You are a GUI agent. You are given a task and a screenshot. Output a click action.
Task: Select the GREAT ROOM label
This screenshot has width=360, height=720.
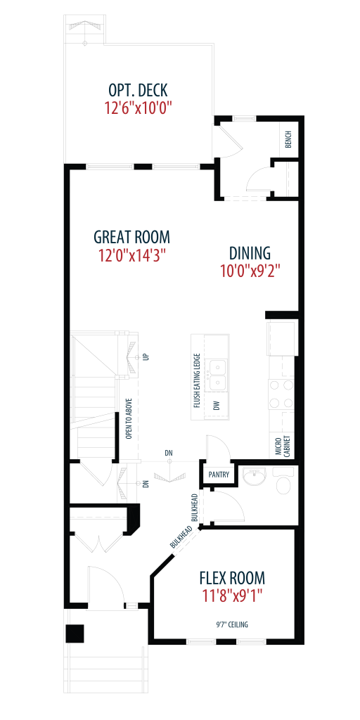pyautogui.click(x=131, y=238)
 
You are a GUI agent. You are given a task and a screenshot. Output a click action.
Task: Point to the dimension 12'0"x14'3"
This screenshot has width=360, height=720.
pyautogui.click(x=131, y=256)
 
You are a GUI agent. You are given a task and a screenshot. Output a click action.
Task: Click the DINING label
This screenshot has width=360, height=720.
pyautogui.click(x=250, y=253)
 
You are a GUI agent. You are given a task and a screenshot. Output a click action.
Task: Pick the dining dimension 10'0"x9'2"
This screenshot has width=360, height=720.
pyautogui.click(x=250, y=271)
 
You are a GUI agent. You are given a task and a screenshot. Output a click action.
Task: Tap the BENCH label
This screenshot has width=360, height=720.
pyautogui.click(x=288, y=140)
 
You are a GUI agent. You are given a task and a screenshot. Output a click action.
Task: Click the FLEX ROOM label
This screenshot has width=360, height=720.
pyautogui.click(x=232, y=577)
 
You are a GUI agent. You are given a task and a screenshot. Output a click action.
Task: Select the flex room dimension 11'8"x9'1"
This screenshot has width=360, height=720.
pyautogui.click(x=232, y=596)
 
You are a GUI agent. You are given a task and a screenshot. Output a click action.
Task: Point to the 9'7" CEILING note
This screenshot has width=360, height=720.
pyautogui.click(x=233, y=624)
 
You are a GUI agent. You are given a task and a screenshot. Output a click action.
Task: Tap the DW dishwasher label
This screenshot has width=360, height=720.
pyautogui.click(x=217, y=405)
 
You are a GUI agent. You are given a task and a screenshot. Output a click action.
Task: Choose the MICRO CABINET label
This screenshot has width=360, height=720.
pyautogui.click(x=282, y=444)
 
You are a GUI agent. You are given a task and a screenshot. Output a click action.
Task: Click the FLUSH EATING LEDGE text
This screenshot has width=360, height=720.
pyautogui.click(x=197, y=380)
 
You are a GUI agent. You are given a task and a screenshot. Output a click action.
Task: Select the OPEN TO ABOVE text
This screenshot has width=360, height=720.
pyautogui.click(x=129, y=418)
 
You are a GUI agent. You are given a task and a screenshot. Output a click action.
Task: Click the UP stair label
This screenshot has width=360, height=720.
pyautogui.click(x=146, y=356)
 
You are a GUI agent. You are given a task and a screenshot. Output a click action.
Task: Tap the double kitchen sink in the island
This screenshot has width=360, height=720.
pyautogui.click(x=217, y=374)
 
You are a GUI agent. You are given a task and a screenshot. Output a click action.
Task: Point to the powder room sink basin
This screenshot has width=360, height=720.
pyautogui.click(x=253, y=477)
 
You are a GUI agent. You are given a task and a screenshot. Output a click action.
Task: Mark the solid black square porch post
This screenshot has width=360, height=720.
pyautogui.click(x=75, y=634)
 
